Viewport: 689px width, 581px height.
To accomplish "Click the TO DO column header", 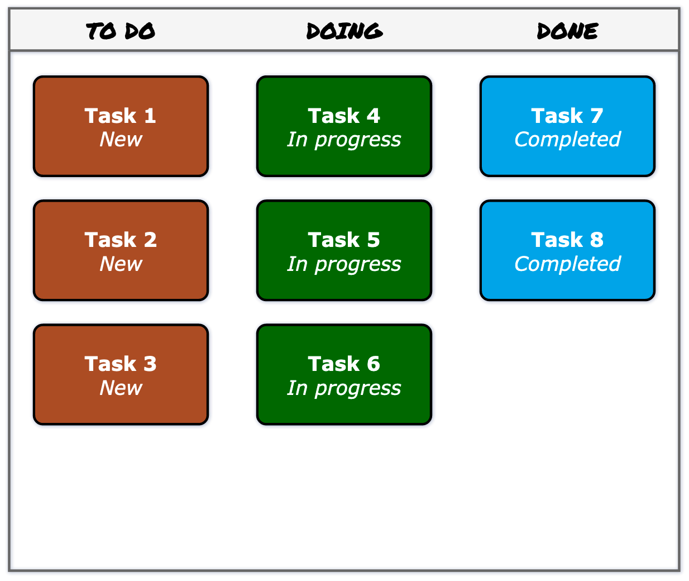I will coord(121,31).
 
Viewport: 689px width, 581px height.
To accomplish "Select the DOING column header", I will coord(344,31).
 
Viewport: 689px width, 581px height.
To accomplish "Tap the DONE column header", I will coord(567,31).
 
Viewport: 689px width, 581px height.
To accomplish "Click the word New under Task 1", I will coord(121,140).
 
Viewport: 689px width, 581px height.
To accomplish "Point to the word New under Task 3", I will coord(121,388).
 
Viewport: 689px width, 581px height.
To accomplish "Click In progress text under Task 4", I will coord(344,140).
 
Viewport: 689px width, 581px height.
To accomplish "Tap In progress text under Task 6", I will coord(344,388).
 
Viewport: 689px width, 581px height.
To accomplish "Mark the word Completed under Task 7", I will coord(567,140).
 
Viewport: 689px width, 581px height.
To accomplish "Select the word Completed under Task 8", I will coord(567,264).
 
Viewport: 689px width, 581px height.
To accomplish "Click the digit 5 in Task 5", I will coord(373,240).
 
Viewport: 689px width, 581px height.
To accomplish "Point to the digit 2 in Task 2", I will coord(150,240).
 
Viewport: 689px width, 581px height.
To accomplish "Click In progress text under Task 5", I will coord(344,264).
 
